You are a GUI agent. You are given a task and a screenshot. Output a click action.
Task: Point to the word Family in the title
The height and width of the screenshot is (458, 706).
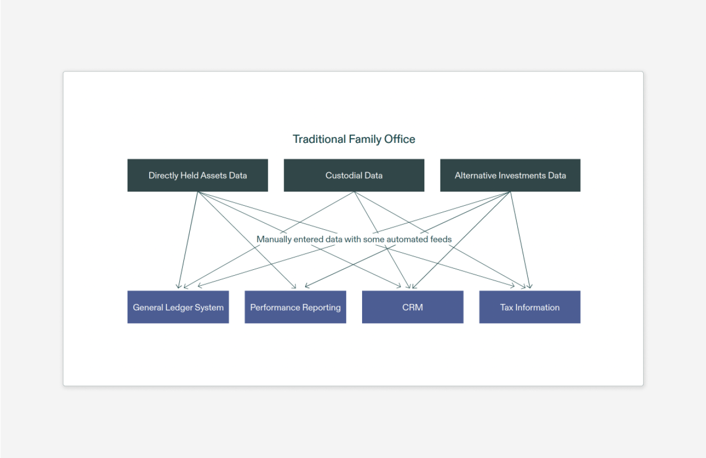tap(365, 139)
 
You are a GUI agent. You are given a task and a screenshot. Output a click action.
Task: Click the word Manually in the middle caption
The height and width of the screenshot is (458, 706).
tap(274, 239)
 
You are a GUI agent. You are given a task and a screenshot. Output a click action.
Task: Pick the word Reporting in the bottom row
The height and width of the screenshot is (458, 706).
tap(322, 308)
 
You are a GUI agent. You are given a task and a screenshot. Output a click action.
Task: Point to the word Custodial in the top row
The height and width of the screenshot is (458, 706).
tap(342, 175)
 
